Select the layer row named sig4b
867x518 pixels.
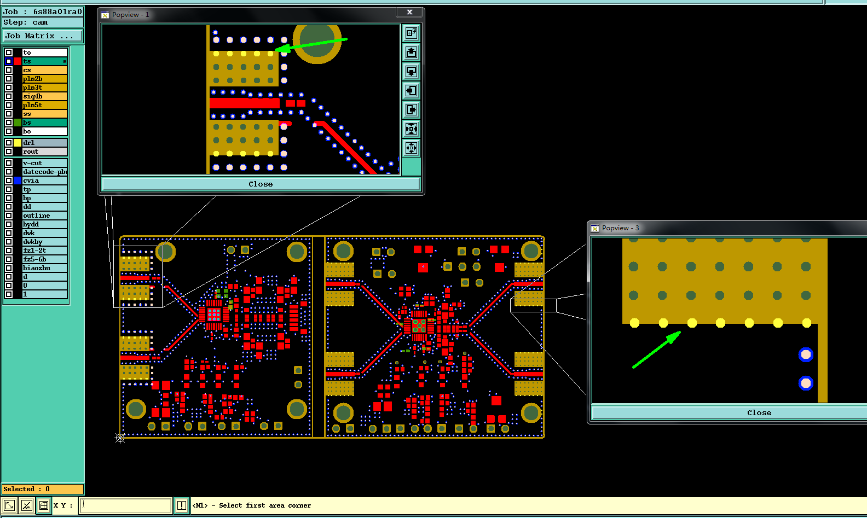[x=44, y=96]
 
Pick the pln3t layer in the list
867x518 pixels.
[x=44, y=88]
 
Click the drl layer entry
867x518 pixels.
[x=44, y=143]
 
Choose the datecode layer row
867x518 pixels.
[x=44, y=172]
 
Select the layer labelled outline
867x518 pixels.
[x=44, y=216]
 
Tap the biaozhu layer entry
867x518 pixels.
[x=44, y=268]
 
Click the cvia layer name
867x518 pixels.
[x=44, y=181]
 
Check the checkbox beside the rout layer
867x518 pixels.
[x=9, y=152]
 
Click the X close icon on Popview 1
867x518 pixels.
[x=409, y=12]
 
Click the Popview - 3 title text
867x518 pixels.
[x=621, y=228]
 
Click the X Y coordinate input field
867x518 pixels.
[x=126, y=505]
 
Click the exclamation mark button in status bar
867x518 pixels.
[x=182, y=505]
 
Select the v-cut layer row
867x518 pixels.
[x=44, y=163]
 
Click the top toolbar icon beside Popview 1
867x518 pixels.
[x=411, y=33]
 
